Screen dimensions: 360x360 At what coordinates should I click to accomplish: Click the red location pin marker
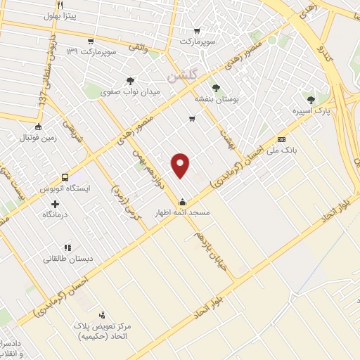(x=181, y=165)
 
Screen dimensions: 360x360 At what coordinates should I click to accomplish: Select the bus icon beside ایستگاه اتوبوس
(x=65, y=177)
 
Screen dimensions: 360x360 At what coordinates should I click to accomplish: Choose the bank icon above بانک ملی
(x=282, y=139)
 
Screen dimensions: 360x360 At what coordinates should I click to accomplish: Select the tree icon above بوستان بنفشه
(x=215, y=89)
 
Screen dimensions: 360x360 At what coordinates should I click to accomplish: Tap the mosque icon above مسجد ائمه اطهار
(x=182, y=201)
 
